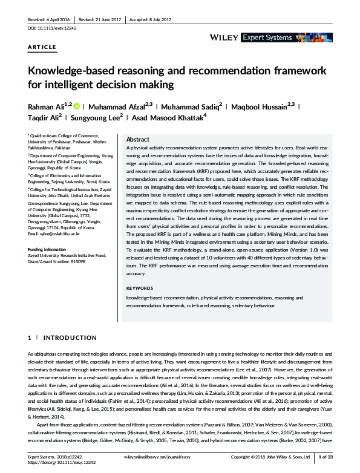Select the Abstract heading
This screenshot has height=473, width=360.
click(137, 139)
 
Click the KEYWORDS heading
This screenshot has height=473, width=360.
click(139, 288)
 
